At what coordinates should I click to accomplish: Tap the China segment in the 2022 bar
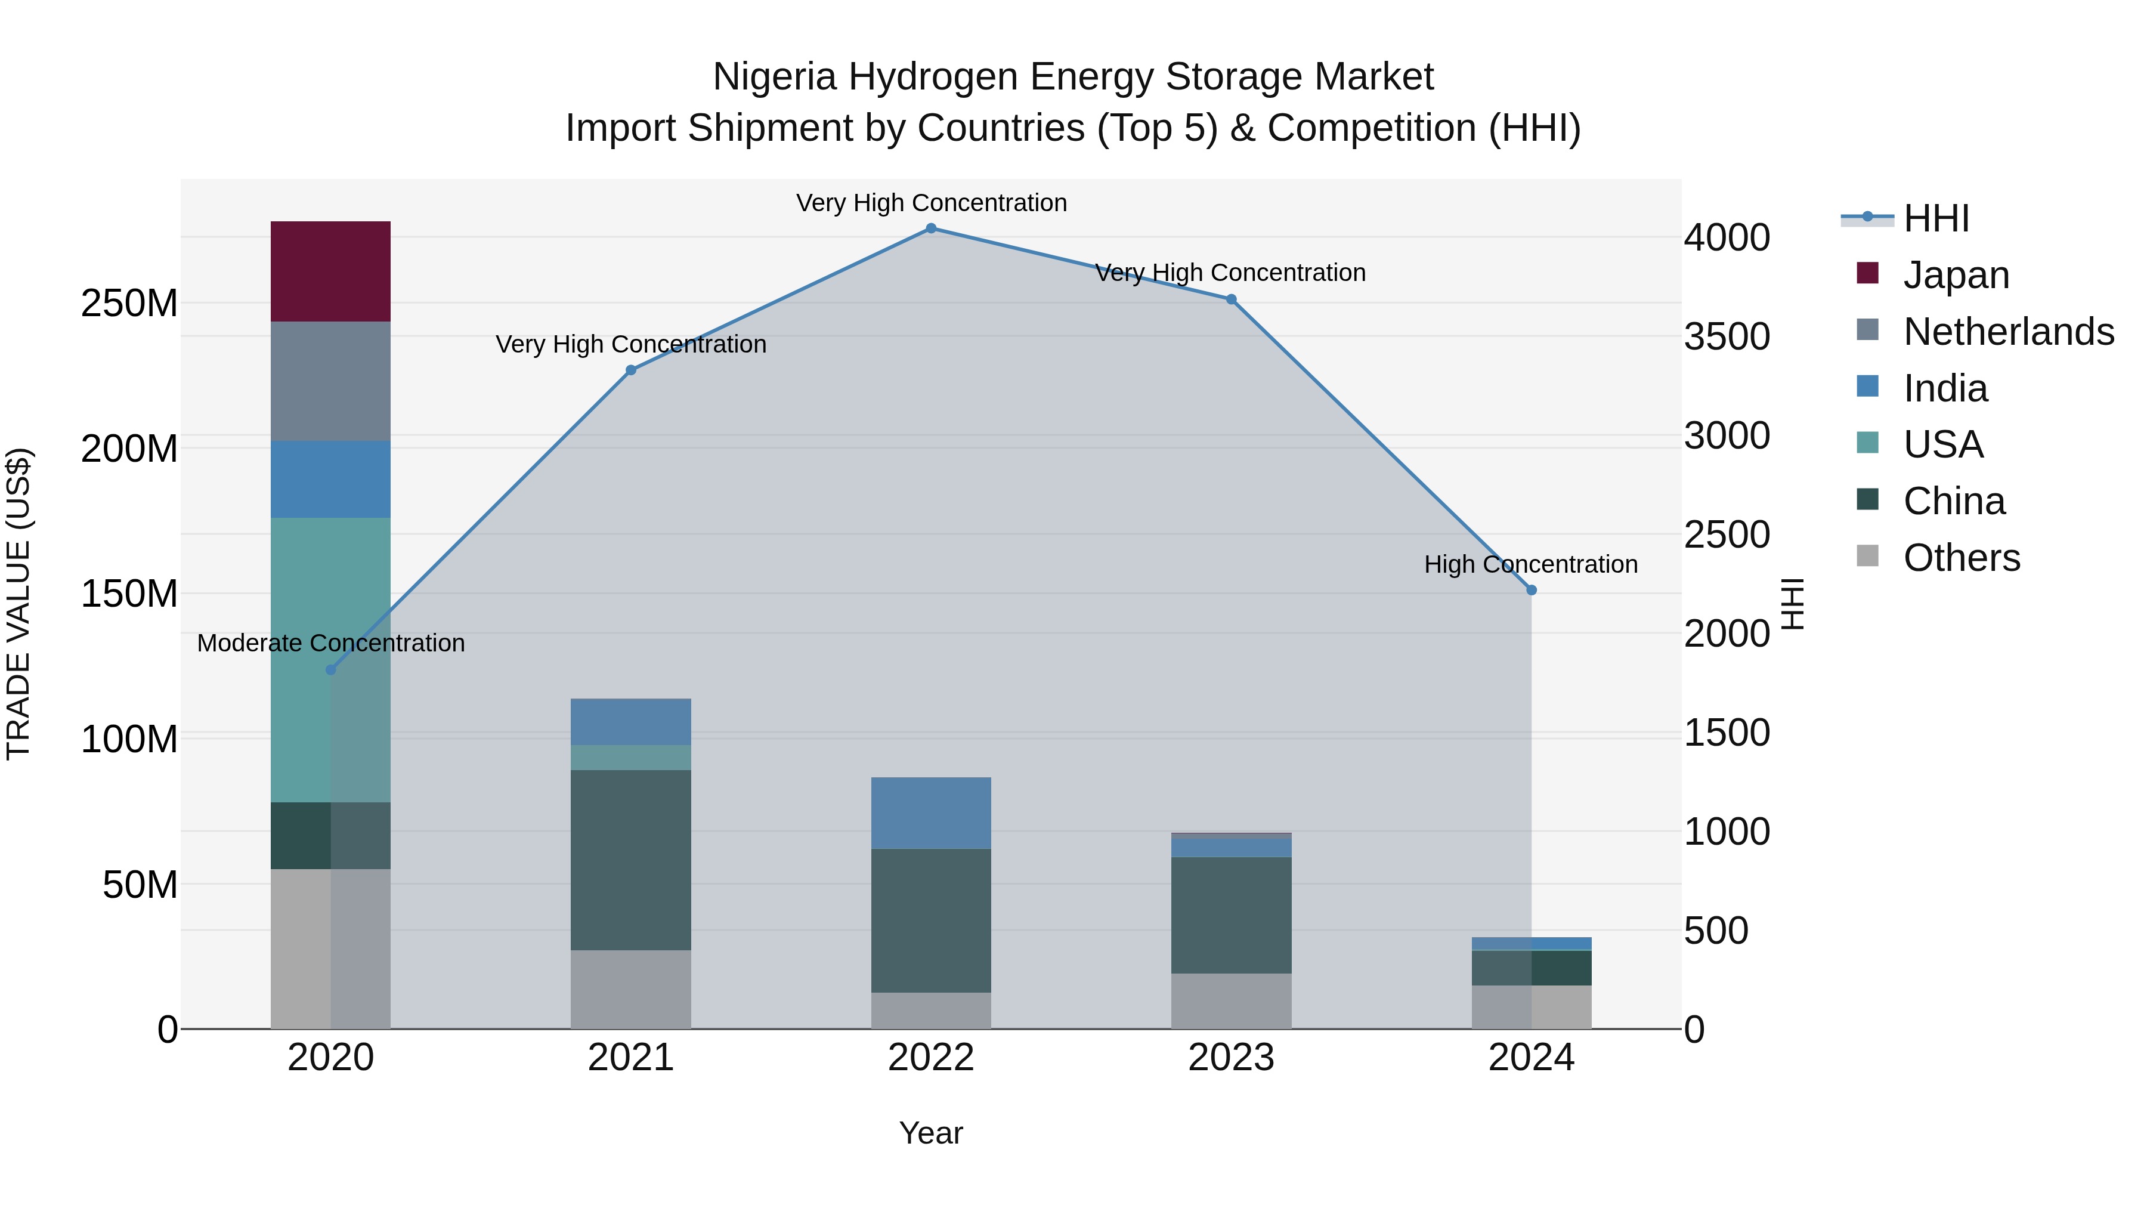click(x=931, y=920)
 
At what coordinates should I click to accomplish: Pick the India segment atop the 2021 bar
click(x=631, y=721)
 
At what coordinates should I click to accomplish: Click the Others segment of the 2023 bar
click(x=1231, y=1000)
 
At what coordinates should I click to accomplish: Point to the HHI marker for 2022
click(x=931, y=228)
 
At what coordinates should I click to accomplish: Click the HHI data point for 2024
click(x=1531, y=590)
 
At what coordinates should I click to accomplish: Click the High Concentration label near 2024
click(x=1530, y=564)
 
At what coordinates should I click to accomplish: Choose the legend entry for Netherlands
click(x=2008, y=332)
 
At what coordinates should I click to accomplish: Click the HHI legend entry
click(x=1935, y=218)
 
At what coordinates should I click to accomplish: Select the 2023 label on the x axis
click(x=1231, y=1058)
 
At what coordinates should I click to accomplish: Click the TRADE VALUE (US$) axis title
click(x=18, y=604)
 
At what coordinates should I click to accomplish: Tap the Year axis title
click(x=931, y=1133)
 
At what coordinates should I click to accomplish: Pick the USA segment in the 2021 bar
click(x=631, y=757)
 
